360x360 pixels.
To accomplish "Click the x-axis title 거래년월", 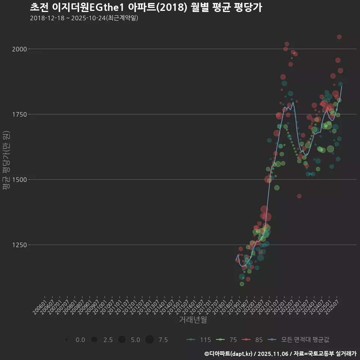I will click(193, 320).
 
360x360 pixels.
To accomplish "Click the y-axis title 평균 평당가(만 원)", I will click(6, 161).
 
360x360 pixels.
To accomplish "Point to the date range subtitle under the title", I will click(84, 18).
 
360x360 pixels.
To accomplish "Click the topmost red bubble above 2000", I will click(339, 37).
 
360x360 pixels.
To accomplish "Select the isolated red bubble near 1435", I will click(299, 196).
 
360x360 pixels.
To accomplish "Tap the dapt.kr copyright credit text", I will click(280, 354).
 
